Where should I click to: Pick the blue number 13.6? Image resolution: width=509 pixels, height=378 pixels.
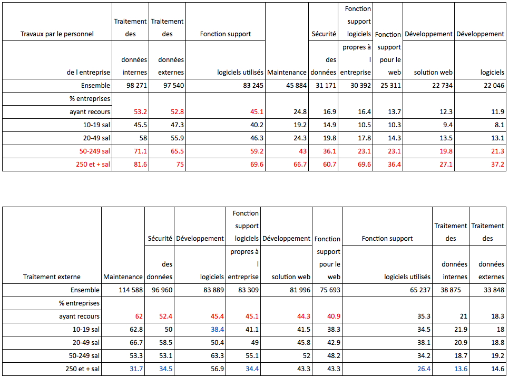click(460, 369)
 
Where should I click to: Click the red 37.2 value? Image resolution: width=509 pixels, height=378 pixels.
click(496, 165)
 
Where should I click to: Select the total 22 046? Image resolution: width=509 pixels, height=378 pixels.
click(492, 86)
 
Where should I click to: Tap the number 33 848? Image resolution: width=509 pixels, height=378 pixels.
click(491, 290)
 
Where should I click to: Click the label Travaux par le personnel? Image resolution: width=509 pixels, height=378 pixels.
click(57, 34)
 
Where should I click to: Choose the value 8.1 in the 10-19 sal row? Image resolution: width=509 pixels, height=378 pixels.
click(498, 125)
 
